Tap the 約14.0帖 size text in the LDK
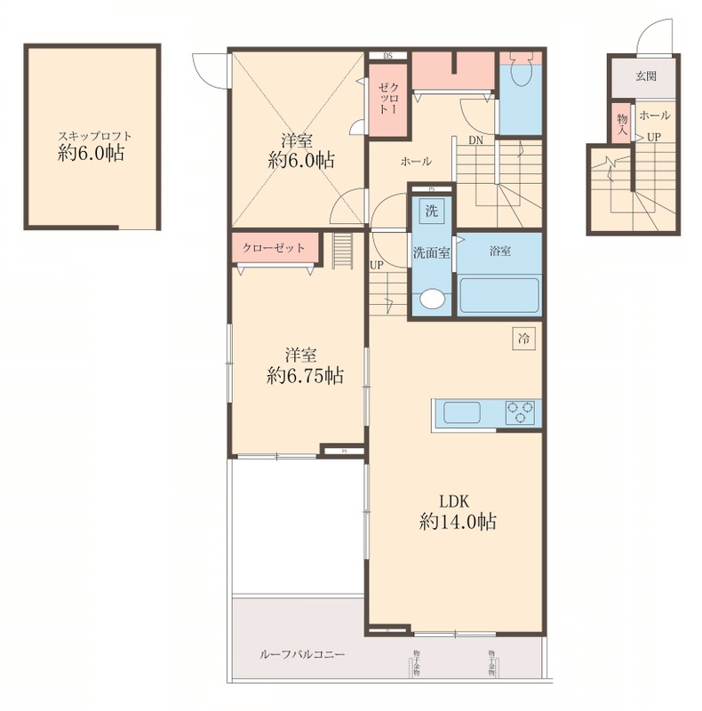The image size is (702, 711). pos(457,523)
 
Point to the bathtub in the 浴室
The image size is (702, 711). pos(499,293)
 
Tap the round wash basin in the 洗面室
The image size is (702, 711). pos(432,300)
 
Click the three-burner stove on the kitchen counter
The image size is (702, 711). pos(522,412)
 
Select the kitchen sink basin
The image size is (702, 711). pos(461,413)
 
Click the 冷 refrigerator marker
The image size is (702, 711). pos(524,339)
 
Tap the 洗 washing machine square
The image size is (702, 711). pos(431,212)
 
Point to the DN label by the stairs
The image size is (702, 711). pos(476,140)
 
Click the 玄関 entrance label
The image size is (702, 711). pos(646,76)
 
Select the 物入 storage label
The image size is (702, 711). pos(621,124)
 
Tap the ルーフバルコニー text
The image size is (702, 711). pos(302,655)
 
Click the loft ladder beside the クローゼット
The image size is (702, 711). pos(342,250)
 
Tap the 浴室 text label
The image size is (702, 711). pos(499,252)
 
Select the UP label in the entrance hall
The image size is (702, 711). pos(653,137)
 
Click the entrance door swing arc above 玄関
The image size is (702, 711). pos(649,37)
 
